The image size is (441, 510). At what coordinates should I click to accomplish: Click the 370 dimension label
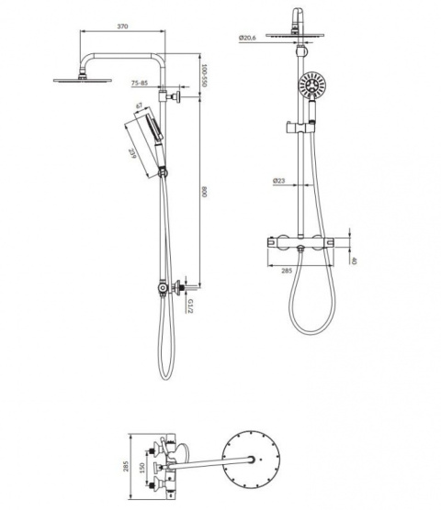pyautogui.click(x=122, y=27)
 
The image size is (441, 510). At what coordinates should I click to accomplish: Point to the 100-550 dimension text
pyautogui.click(x=204, y=75)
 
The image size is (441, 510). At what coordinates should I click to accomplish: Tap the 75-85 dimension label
pyautogui.click(x=140, y=83)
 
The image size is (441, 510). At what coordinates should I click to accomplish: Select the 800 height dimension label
pyautogui.click(x=204, y=192)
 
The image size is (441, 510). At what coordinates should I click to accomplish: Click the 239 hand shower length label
pyautogui.click(x=132, y=153)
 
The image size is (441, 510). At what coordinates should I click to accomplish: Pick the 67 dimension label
pyautogui.click(x=139, y=105)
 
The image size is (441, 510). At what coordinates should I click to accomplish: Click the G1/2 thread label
pyautogui.click(x=190, y=306)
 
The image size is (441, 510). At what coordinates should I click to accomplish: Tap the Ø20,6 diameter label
pyautogui.click(x=247, y=38)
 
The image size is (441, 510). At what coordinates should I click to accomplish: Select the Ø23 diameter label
pyautogui.click(x=279, y=181)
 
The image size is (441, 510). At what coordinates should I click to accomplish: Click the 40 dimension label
pyautogui.click(x=355, y=261)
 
